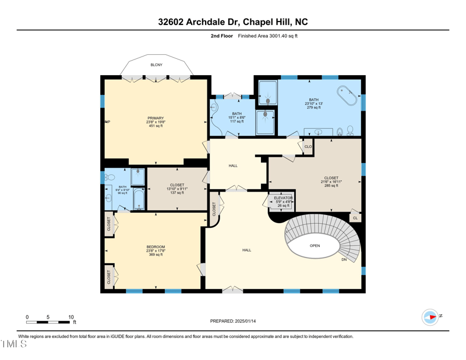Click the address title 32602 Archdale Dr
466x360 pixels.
[x=232, y=22]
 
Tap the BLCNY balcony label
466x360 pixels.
[x=156, y=65]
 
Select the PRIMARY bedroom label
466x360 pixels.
[x=156, y=118]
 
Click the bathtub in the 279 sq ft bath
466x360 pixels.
[x=348, y=95]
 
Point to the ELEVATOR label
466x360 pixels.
[x=283, y=198]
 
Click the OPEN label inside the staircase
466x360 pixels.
[x=315, y=246]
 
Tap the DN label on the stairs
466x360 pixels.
[x=344, y=259]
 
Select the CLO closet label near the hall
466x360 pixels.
[x=308, y=147]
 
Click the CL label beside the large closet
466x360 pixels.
[x=355, y=217]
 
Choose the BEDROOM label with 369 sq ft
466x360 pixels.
[x=156, y=247]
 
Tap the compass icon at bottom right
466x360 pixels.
[x=430, y=317]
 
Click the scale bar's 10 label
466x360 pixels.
[x=71, y=317]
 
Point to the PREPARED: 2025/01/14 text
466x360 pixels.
[x=232, y=321]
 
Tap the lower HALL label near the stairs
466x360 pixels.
[x=246, y=250]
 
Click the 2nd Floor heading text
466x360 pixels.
[x=221, y=36]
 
